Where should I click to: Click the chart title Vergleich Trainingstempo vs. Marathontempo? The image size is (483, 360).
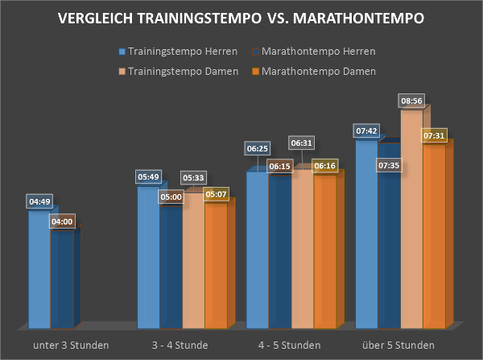click(x=241, y=19)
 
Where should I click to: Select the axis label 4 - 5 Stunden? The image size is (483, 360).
click(x=289, y=345)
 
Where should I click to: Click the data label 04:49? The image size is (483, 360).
click(x=41, y=201)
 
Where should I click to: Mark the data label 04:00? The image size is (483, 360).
click(x=62, y=221)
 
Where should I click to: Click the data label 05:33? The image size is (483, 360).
click(x=193, y=177)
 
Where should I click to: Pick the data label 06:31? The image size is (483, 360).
click(x=302, y=143)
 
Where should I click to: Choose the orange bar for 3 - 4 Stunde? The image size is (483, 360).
click(x=215, y=266)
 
